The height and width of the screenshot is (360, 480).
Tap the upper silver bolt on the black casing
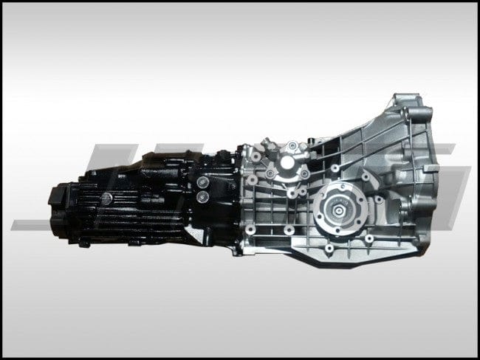(x=202, y=181)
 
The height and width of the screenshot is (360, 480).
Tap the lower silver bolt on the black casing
(x=201, y=197)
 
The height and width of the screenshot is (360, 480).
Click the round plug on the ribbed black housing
(x=107, y=198)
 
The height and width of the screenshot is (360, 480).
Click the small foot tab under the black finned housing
(x=84, y=243)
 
